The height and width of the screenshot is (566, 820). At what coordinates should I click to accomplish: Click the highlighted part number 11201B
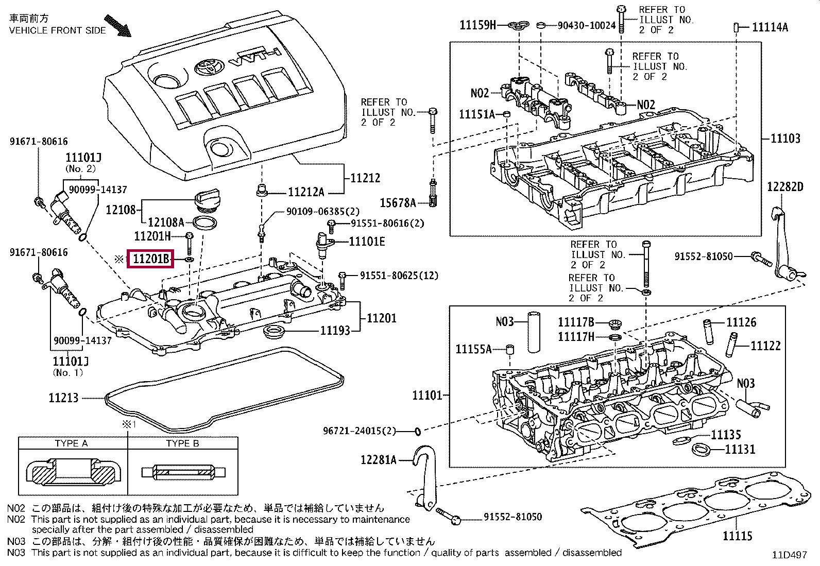point(151,260)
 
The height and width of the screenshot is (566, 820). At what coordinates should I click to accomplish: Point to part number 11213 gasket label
point(63,398)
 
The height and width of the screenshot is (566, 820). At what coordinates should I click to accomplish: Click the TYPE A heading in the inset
point(71,443)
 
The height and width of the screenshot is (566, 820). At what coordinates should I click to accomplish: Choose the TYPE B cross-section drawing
point(183,472)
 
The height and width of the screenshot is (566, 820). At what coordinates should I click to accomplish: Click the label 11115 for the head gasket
point(737,536)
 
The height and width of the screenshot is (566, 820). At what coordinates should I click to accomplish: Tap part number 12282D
point(785,186)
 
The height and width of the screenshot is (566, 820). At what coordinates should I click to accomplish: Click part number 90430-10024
point(587,25)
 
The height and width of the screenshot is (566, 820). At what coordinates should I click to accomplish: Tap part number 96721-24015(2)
point(359,431)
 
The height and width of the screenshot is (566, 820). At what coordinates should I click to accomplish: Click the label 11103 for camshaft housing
point(785,138)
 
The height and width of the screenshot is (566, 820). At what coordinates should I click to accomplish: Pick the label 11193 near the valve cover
point(335,331)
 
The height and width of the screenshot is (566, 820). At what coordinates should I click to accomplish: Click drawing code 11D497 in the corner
point(789,555)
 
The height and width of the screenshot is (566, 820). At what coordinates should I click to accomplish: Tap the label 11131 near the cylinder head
point(740,450)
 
